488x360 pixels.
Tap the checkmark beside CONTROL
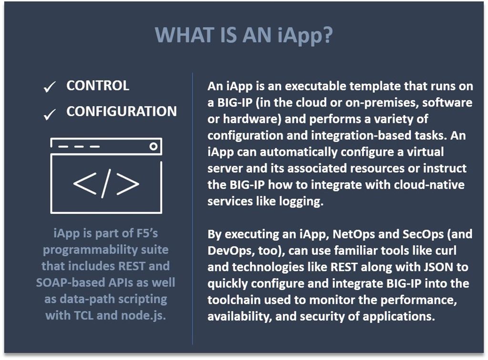pos(50,87)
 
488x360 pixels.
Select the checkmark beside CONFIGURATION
pos(50,114)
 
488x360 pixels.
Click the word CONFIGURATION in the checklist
pos(122,111)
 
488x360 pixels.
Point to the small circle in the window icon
pos(153,146)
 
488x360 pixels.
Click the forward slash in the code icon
pos(106,183)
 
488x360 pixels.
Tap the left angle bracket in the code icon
pos(85,183)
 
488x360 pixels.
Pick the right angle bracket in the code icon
pos(128,183)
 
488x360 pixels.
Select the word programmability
pos(90,250)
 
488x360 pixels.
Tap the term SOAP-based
pos(71,282)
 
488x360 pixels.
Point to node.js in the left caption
pos(143,316)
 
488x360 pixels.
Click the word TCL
pos(83,316)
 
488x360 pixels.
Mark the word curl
pos(446,250)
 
